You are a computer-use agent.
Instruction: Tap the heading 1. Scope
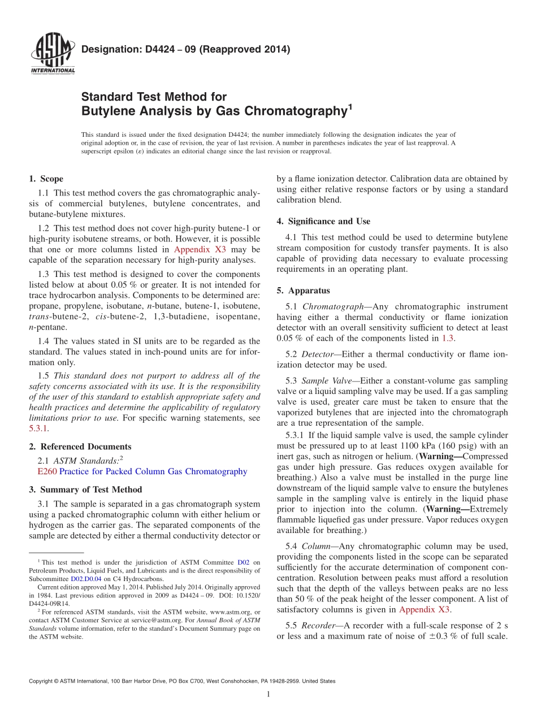[x=46, y=179]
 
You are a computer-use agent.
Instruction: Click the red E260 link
[x=46, y=471]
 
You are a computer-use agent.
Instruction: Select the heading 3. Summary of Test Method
[x=85, y=490]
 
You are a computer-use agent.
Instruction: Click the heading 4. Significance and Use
[x=323, y=221]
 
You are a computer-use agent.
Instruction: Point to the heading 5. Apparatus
[x=303, y=291]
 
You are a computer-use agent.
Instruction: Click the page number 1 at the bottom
[x=268, y=694]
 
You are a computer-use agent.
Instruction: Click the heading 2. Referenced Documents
[x=80, y=447]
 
